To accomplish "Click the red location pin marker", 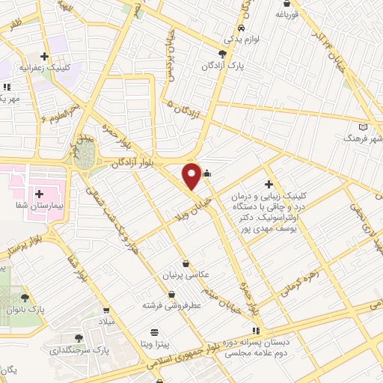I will (191, 175).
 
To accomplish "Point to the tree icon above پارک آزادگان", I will (222, 53).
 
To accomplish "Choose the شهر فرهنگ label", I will (362, 139).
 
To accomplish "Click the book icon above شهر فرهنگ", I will (364, 126).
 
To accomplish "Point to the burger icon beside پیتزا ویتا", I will (154, 331).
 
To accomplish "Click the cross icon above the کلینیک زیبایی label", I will (268, 185).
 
